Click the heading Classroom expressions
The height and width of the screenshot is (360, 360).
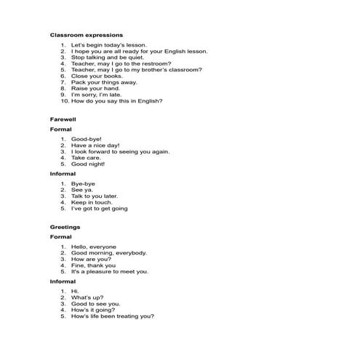(x=86, y=35)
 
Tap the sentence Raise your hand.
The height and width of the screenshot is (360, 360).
(x=92, y=89)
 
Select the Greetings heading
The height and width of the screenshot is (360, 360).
(x=65, y=227)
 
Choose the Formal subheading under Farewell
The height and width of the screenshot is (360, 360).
(x=60, y=129)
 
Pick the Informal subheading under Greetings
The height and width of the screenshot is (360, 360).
(x=63, y=281)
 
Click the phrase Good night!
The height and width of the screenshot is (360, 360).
(x=88, y=164)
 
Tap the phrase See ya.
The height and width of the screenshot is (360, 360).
(x=82, y=190)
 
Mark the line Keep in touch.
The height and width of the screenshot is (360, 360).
(x=91, y=202)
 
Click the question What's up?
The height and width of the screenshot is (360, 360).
(x=87, y=297)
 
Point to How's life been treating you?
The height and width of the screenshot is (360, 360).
(x=113, y=316)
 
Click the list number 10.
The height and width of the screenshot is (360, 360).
(x=63, y=101)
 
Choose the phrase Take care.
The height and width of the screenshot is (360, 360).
(x=86, y=158)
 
